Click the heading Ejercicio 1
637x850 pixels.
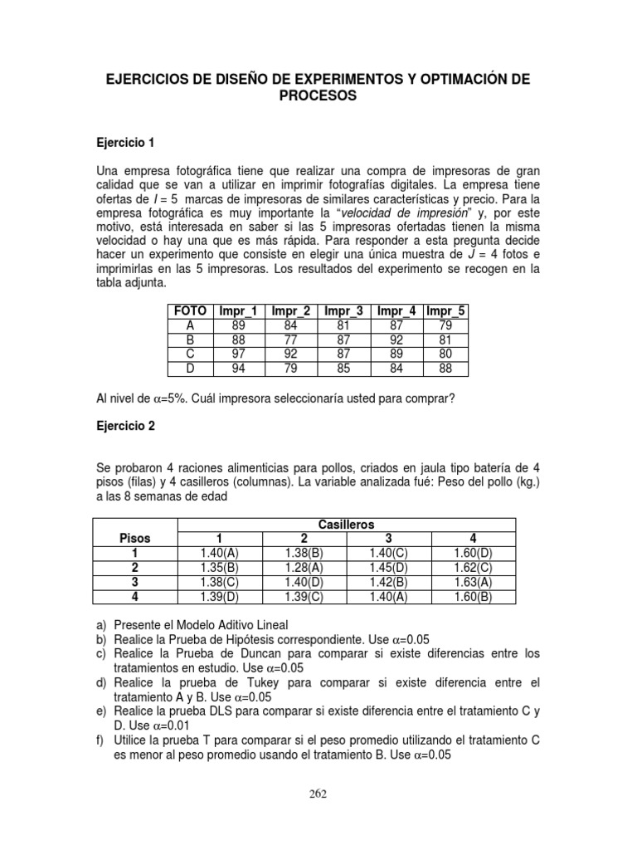tap(126, 143)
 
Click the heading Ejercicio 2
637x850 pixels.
tap(126, 425)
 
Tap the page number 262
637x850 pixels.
tap(318, 793)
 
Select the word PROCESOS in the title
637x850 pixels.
tap(318, 96)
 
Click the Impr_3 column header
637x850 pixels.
tap(343, 311)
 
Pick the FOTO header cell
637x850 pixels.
tap(190, 311)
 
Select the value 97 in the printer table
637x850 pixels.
tap(239, 353)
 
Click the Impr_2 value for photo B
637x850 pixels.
tap(291, 339)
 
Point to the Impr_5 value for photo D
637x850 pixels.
tap(446, 367)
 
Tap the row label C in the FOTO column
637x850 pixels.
tap(190, 353)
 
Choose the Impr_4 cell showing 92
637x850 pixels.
tap(396, 339)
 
